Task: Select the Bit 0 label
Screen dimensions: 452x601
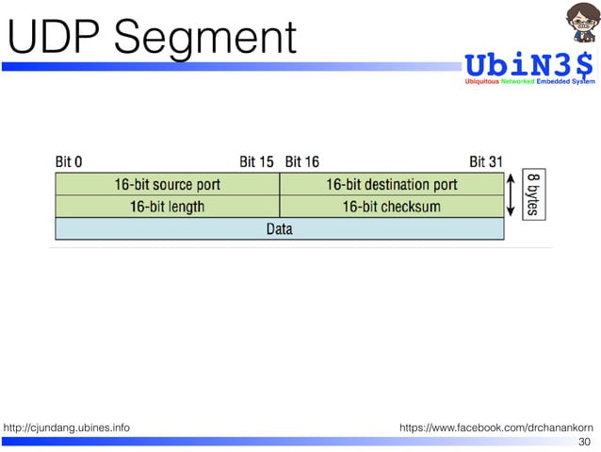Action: click(69, 161)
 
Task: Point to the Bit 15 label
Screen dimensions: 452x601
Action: click(256, 161)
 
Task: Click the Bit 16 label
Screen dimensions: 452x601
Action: click(301, 161)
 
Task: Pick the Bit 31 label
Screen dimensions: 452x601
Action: click(486, 161)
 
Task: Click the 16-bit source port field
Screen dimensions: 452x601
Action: click(168, 184)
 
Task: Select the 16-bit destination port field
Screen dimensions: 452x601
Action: click(392, 184)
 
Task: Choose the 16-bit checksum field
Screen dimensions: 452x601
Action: click(391, 206)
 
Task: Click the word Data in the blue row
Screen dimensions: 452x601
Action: click(279, 228)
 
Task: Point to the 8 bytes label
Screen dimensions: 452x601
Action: click(532, 194)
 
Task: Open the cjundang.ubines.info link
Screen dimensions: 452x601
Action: click(67, 428)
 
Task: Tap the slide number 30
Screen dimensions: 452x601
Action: click(584, 442)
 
